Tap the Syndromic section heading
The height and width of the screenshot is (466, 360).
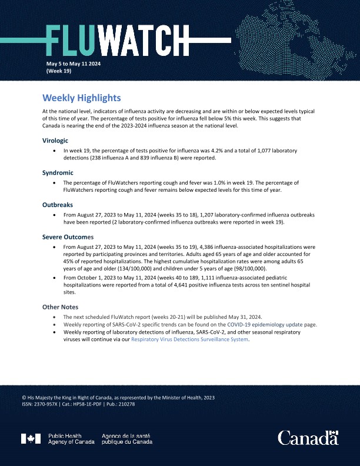(x=58, y=173)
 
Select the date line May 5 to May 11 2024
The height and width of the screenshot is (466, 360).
(x=74, y=63)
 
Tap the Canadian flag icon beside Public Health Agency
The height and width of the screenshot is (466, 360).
(x=31, y=438)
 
